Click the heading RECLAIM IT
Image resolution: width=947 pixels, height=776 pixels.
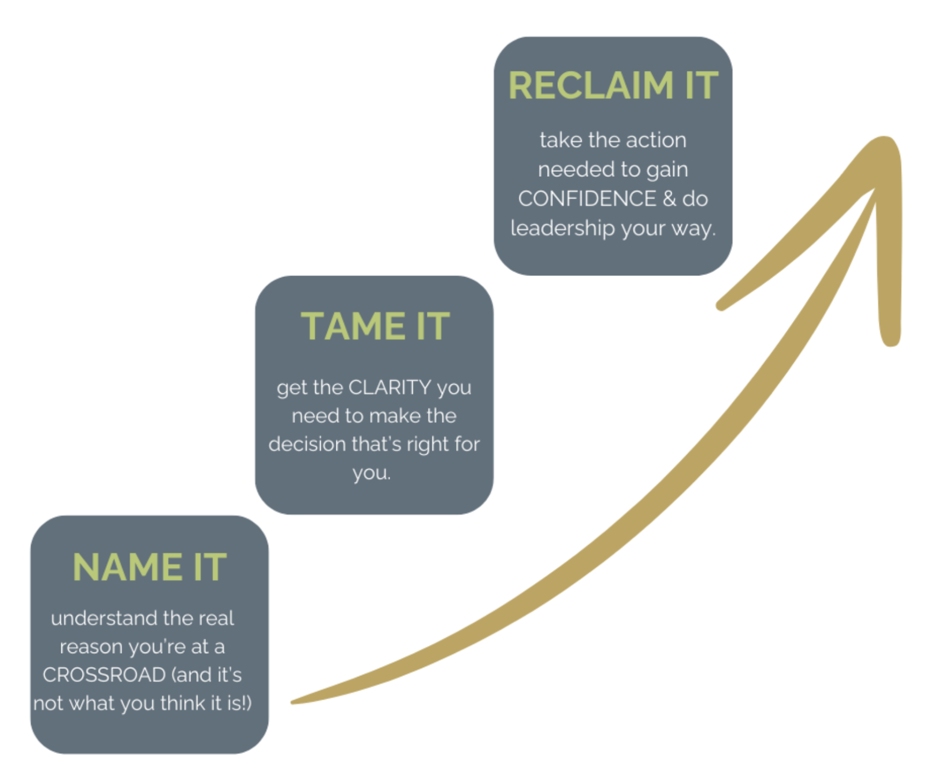[x=613, y=86]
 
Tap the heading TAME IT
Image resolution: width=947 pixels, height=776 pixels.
[x=375, y=327]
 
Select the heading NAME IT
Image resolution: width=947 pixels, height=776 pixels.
[x=149, y=567]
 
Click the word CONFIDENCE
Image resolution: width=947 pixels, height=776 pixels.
[x=587, y=199]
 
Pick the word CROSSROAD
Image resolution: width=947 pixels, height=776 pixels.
[x=104, y=675]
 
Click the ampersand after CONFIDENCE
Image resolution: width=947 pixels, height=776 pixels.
[x=669, y=199]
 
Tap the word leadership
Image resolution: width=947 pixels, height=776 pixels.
[x=563, y=228]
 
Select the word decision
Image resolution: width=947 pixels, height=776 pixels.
[x=307, y=445]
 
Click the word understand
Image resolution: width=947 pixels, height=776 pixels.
[x=104, y=618]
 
